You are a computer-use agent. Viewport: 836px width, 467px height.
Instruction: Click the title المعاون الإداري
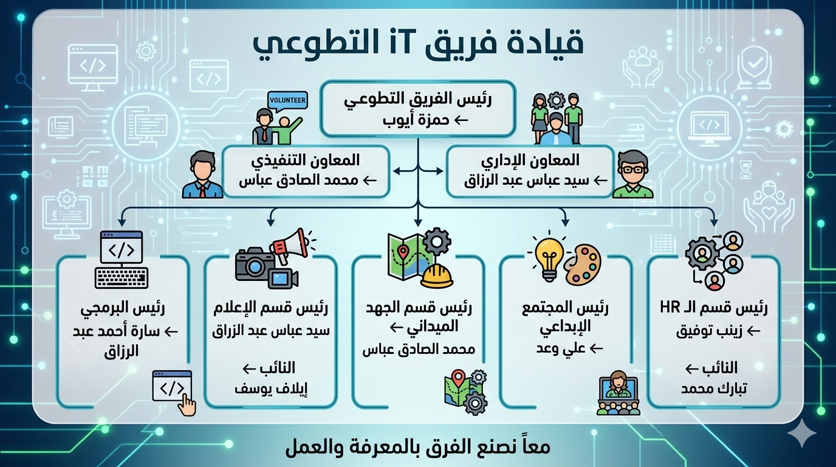529,161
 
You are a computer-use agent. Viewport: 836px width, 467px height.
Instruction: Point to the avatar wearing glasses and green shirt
632,175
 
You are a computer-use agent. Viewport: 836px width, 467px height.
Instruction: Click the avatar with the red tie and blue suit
202,175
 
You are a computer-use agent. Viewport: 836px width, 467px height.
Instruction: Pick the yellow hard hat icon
437,277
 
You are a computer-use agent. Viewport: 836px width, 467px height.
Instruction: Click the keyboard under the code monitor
122,277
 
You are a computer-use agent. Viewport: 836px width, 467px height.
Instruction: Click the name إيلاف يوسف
271,389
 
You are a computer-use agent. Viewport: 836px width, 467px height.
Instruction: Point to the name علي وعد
553,349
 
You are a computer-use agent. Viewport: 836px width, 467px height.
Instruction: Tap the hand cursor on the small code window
187,406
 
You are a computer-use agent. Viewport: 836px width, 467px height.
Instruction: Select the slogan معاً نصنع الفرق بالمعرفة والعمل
418,447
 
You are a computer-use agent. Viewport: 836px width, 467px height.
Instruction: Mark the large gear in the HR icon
702,254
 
